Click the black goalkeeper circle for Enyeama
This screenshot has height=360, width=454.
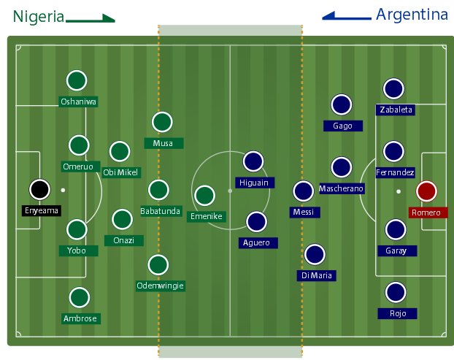39,189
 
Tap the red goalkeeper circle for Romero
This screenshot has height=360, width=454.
426,191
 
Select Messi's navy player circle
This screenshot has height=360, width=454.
303,191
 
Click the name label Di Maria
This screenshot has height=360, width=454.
316,275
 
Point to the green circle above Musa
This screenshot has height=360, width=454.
162,122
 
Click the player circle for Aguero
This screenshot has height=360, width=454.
256,221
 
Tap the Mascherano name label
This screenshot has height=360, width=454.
341,188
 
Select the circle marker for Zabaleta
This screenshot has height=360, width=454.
394,89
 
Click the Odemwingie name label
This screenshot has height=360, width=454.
160,286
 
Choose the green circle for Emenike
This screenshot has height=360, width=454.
205,195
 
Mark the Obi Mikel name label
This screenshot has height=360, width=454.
120,172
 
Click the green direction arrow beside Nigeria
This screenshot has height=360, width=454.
91,19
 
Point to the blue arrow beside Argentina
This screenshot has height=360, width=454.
347,15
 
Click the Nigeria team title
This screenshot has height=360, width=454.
38,16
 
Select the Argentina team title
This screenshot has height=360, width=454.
412,15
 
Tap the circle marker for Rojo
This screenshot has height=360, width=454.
396,293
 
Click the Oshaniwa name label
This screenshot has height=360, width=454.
79,102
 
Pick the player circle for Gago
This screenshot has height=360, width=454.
341,105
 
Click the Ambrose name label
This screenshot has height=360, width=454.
80,318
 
